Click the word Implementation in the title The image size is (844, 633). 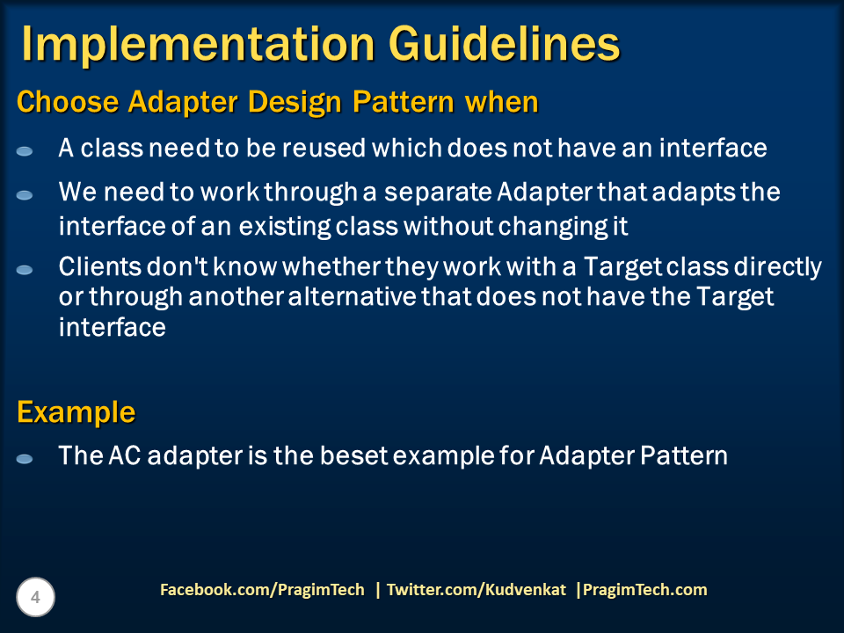pyautogui.click(x=198, y=44)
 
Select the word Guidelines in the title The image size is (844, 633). pyautogui.click(x=505, y=44)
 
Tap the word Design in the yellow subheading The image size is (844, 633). pyautogui.click(x=295, y=102)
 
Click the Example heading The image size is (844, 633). pyautogui.click(x=76, y=413)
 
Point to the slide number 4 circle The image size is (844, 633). pyautogui.click(x=35, y=597)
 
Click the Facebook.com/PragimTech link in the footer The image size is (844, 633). pyautogui.click(x=262, y=589)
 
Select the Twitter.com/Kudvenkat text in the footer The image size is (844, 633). pyautogui.click(x=477, y=589)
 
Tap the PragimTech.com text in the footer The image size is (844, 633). pyautogui.click(x=644, y=589)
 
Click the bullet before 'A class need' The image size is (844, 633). pyautogui.click(x=25, y=152)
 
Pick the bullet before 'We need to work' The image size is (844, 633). pyautogui.click(x=25, y=195)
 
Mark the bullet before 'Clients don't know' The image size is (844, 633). pyautogui.click(x=25, y=270)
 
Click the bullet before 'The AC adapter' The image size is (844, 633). pyautogui.click(x=25, y=459)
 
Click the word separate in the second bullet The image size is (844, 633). pyautogui.click(x=438, y=193)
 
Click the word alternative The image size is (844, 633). pyautogui.click(x=352, y=296)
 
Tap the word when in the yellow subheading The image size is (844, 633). pyautogui.click(x=502, y=102)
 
